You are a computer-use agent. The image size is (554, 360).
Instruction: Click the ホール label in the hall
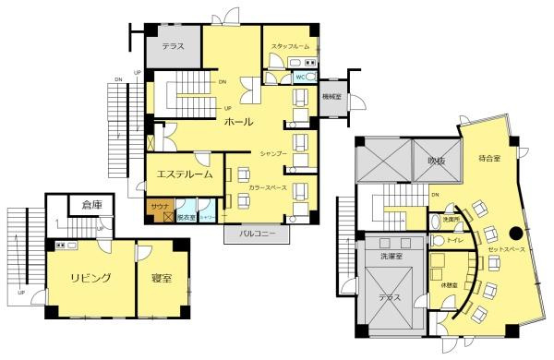coord(240,121)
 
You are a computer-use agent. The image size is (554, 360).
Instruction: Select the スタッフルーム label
coord(290,46)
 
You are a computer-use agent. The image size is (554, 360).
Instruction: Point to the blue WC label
coord(300,78)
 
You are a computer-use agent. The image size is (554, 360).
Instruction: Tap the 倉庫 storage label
coord(91,205)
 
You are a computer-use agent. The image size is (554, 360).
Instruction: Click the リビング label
coord(90,278)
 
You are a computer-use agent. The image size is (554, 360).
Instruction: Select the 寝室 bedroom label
coord(161,278)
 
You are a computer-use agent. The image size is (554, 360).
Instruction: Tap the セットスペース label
coord(507,250)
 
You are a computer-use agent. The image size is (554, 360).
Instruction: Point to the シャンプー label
coord(273,150)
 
